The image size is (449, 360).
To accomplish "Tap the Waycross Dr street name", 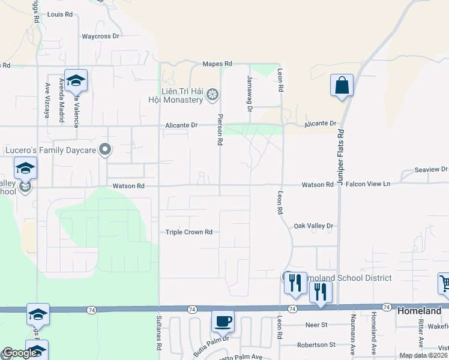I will click(101, 36).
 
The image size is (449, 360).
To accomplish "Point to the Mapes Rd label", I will click(217, 64).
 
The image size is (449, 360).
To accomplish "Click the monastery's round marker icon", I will click(212, 94).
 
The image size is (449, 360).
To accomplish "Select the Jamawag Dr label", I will click(250, 93).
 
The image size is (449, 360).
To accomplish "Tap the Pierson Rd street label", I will click(220, 130).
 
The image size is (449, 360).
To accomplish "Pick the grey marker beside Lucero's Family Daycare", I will click(106, 149).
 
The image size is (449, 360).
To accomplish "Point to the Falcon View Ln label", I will click(369, 184).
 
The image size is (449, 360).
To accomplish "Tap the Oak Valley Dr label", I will click(313, 226).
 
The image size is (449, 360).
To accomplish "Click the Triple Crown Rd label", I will click(189, 232).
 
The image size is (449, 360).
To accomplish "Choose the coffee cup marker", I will click(223, 322).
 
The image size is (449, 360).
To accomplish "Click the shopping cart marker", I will click(445, 283).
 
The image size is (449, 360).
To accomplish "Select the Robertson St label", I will click(316, 345).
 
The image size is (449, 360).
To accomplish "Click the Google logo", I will click(19, 353).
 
